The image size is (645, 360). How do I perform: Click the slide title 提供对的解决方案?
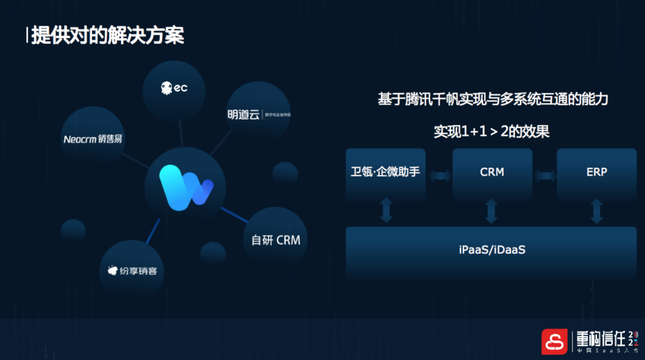(x=107, y=35)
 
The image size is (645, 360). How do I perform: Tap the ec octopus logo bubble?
(x=174, y=88)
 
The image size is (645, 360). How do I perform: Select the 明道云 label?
(x=244, y=115)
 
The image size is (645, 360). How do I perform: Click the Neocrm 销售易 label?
(x=93, y=139)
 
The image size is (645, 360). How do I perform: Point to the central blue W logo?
(x=185, y=187)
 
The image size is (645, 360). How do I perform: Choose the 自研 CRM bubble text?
(x=275, y=240)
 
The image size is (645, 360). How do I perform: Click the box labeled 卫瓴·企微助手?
(x=385, y=172)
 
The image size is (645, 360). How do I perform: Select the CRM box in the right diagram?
(x=492, y=172)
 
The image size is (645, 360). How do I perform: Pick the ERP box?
(x=596, y=172)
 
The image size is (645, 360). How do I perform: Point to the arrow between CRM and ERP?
(x=545, y=175)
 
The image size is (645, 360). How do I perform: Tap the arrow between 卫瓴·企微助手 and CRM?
(x=440, y=175)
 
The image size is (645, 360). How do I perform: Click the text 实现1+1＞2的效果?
(x=491, y=131)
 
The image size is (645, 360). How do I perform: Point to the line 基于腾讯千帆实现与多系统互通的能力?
(x=492, y=99)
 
